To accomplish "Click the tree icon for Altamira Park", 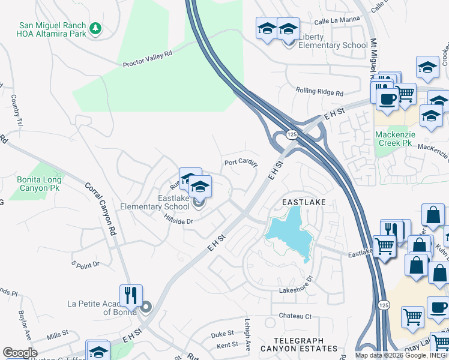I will click(x=95, y=29).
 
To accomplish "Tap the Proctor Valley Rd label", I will click(x=148, y=58).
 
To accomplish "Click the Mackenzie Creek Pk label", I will click(x=393, y=139).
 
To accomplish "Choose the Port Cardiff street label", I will click(x=240, y=163).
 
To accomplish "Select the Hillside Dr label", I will click(x=177, y=221).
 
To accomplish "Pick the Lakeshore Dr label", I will click(x=296, y=289).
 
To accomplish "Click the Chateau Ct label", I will click(x=295, y=316).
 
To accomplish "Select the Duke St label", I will click(x=222, y=334).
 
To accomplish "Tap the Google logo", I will click(x=20, y=353).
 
